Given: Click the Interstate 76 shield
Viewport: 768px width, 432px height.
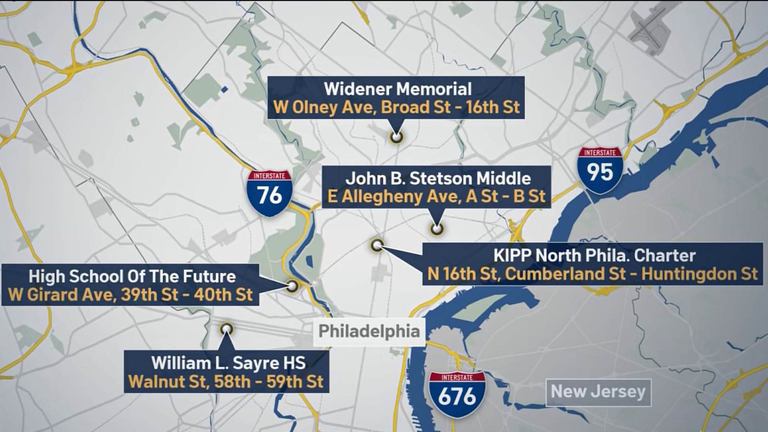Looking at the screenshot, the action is pos(270,194).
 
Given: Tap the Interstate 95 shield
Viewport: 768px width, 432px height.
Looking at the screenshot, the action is pos(600,170).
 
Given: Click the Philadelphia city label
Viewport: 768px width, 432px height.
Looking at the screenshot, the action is pos(369,332).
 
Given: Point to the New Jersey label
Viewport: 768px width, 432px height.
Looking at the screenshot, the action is pos(598,392).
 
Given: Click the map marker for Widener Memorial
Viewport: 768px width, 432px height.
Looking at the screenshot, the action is pos(396,137).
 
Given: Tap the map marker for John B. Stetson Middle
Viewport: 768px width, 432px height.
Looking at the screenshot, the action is pos(436,229).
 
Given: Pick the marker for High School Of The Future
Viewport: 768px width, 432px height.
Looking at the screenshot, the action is pos(292,286).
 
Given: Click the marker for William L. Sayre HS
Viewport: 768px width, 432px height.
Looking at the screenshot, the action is pos(227,329).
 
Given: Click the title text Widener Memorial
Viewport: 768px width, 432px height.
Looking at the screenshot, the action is pos(398,89).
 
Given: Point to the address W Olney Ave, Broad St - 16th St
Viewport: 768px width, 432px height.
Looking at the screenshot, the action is pos(396,108).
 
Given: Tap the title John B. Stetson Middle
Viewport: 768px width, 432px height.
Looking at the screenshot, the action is pos(438,178).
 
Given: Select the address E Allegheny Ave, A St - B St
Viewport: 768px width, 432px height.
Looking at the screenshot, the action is pos(436,197).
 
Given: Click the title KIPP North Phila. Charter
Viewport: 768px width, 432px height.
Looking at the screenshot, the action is pos(594,256).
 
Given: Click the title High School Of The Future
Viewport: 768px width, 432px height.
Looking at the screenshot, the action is pos(132,276).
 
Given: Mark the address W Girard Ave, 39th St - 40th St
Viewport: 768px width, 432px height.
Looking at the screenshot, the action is pos(130,295).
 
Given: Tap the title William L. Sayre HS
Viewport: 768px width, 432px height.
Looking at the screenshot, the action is pos(228,363).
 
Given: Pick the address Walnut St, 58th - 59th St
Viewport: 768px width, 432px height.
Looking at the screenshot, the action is pos(226,382).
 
